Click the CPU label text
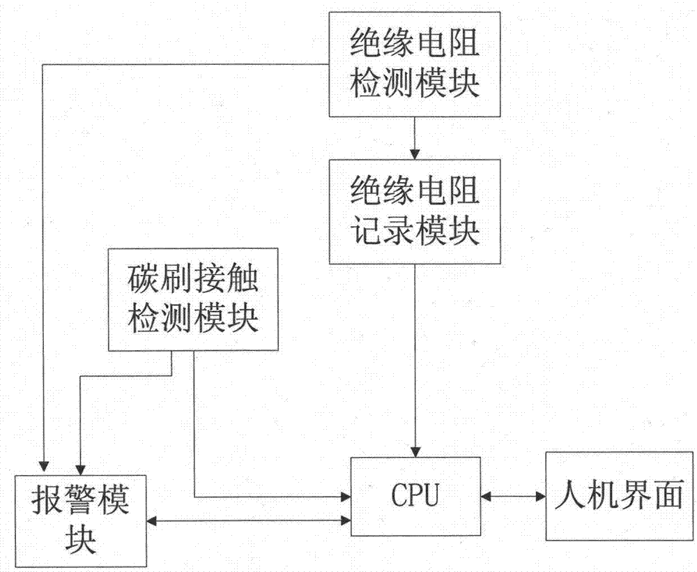click(415, 496)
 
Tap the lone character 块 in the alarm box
click(81, 540)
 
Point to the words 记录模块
click(415, 230)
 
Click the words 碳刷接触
click(192, 280)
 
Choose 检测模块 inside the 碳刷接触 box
click(192, 319)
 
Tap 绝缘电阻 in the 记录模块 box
click(415, 191)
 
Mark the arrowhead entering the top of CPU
click(415, 451)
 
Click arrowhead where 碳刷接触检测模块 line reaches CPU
click(345, 497)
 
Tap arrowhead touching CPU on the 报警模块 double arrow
click(345, 520)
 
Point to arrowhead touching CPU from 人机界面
click(487, 497)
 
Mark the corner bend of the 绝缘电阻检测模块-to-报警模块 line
click(44, 65)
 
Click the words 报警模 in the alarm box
click(81, 501)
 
